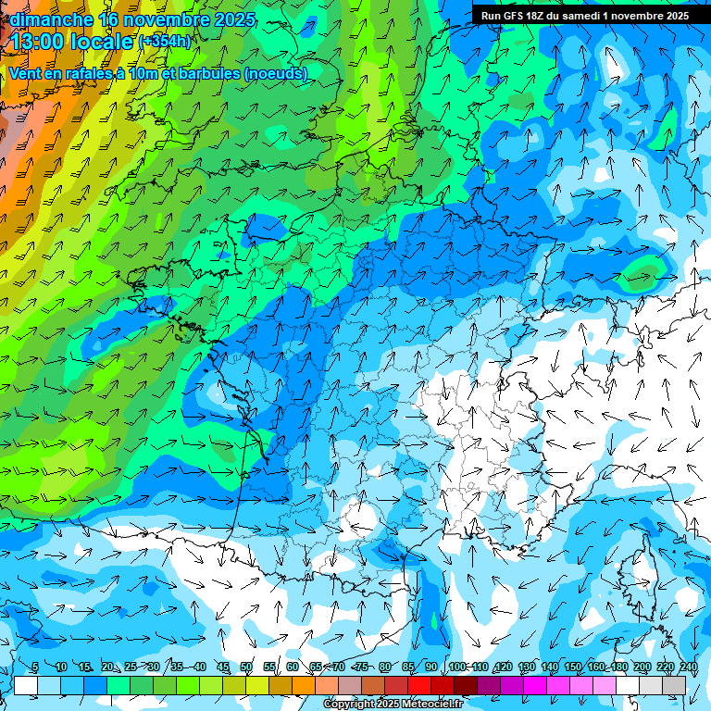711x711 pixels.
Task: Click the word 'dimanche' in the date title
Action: (51, 19)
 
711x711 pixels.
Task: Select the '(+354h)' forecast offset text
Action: (165, 42)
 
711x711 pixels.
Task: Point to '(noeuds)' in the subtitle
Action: (276, 73)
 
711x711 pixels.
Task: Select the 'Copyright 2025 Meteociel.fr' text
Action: (394, 705)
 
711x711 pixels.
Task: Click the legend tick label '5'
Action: (35, 667)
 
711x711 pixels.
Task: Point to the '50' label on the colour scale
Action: (246, 667)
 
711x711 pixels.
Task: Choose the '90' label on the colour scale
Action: (431, 667)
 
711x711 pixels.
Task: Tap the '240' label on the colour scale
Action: (688, 667)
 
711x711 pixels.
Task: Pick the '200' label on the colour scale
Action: (642, 667)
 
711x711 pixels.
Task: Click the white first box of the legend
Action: (26, 685)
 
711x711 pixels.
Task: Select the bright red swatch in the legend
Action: (420, 685)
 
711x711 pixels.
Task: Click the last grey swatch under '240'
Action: (675, 685)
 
